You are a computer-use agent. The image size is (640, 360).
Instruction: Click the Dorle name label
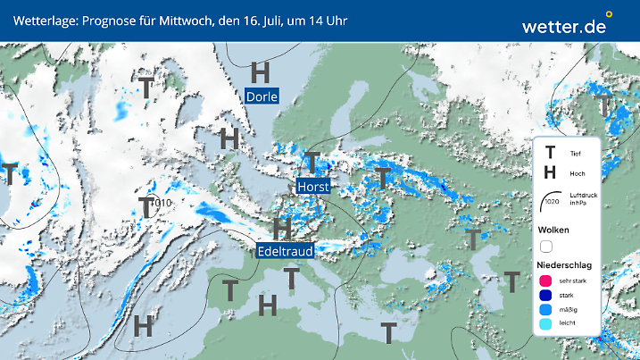pyautogui.click(x=262, y=96)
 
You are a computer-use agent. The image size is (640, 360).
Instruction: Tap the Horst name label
pyautogui.click(x=313, y=187)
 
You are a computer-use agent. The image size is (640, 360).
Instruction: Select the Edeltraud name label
pyautogui.click(x=285, y=252)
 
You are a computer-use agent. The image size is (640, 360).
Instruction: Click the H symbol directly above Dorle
pyautogui.click(x=260, y=71)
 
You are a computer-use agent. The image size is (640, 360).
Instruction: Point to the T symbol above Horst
pyautogui.click(x=311, y=162)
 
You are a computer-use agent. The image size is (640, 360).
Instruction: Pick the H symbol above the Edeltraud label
pyautogui.click(x=282, y=228)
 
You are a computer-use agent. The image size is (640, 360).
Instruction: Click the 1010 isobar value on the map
pyautogui.click(x=162, y=204)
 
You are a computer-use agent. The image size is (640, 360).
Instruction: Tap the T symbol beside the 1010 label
pyautogui.click(x=144, y=206)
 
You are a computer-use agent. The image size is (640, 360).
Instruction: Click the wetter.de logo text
pyautogui.click(x=563, y=27)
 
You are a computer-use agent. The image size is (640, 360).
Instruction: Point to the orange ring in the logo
pyautogui.click(x=609, y=14)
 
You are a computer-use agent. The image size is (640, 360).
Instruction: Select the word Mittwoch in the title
pyautogui.click(x=183, y=20)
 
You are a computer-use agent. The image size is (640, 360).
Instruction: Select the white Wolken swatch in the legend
pyautogui.click(x=547, y=246)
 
